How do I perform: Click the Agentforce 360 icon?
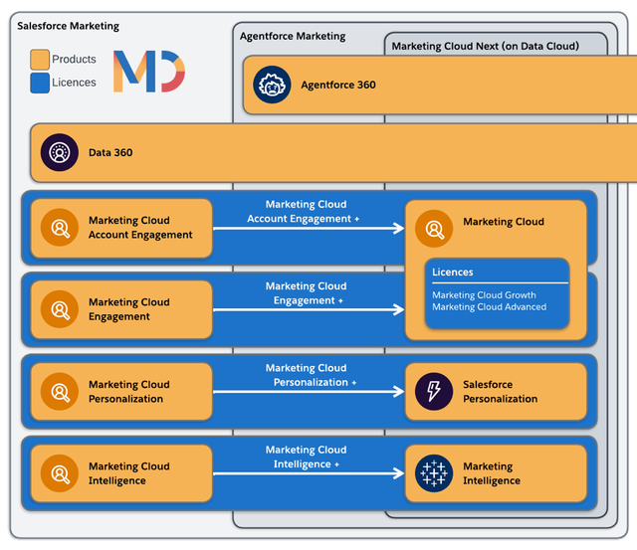tap(272, 85)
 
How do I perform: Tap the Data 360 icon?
tap(60, 152)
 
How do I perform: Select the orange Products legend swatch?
tap(39, 60)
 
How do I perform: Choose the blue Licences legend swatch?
tap(39, 83)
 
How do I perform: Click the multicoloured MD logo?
tap(148, 72)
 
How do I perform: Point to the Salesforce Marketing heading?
tap(68, 26)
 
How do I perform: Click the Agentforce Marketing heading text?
tap(293, 36)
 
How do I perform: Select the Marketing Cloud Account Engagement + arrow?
tap(309, 229)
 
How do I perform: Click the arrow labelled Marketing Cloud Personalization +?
tap(309, 392)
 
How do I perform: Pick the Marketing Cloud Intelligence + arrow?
tap(309, 473)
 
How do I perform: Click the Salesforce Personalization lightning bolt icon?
tap(434, 392)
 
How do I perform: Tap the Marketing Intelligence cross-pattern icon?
tap(434, 473)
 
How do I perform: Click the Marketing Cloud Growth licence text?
tap(484, 295)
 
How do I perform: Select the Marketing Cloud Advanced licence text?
tap(489, 307)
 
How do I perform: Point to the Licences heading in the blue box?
tap(453, 272)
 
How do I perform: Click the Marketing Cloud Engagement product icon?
tap(60, 310)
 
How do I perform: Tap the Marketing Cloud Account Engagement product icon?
tap(60, 229)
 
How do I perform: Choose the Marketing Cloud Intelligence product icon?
tap(60, 473)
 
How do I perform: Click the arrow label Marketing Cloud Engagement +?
tap(306, 293)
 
